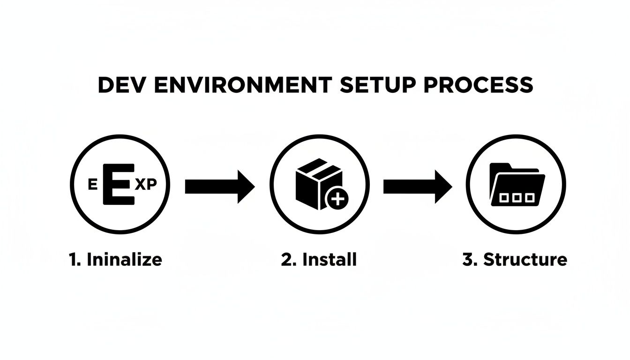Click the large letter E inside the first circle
tap(120, 184)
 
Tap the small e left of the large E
tap(92, 185)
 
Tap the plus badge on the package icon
tap(337, 199)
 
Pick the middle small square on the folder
tap(517, 198)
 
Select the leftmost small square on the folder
tap(504, 198)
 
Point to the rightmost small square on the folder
tap(529, 198)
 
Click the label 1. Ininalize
tap(115, 259)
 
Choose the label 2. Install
tap(319, 259)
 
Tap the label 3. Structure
tap(515, 259)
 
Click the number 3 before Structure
tap(467, 259)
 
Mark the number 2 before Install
tap(286, 259)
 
